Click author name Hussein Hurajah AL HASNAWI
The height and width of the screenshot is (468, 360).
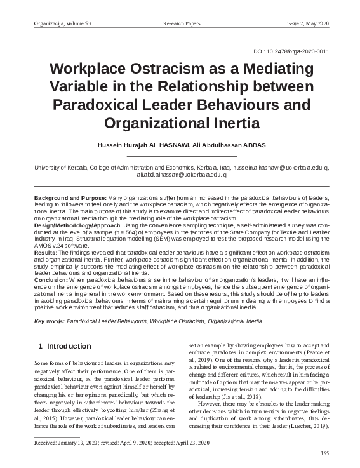[145, 145]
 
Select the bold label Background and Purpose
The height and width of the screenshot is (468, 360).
[70, 199]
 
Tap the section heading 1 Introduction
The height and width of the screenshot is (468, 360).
[64, 347]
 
